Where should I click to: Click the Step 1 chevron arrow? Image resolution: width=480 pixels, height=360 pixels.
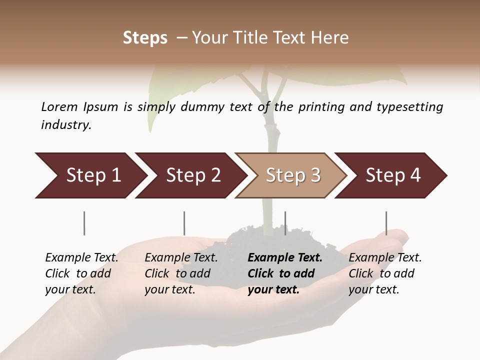(90, 175)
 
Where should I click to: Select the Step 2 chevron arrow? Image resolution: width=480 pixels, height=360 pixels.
(190, 175)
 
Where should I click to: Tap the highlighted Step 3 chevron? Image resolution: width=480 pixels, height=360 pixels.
(290, 175)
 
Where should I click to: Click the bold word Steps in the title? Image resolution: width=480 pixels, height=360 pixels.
(145, 38)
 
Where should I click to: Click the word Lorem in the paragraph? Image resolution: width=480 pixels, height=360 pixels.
(59, 106)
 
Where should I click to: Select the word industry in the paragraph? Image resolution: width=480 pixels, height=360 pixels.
(66, 124)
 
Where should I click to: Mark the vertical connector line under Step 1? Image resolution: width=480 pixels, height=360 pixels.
(84, 223)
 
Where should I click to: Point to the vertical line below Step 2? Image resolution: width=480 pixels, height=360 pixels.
(184, 223)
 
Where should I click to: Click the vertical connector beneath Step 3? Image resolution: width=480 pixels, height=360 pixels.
(285, 223)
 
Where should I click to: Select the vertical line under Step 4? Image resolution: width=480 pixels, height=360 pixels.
(386, 223)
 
